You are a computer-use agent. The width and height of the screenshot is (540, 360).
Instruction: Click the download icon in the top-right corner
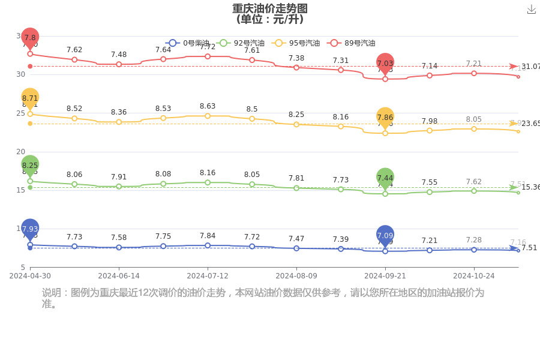click(x=531, y=10)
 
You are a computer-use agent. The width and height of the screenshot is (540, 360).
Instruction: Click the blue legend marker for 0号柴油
click(x=173, y=43)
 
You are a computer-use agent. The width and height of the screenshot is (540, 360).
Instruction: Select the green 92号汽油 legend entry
click(x=224, y=43)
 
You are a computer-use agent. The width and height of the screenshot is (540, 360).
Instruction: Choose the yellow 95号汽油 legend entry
click(x=278, y=43)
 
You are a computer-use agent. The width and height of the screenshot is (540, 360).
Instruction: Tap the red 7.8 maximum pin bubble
click(x=30, y=37)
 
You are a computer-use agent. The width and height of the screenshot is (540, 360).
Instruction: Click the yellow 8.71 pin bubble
click(x=30, y=98)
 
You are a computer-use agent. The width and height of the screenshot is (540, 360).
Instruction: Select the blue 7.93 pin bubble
click(x=30, y=229)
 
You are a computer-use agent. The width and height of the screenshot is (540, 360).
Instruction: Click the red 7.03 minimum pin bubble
click(x=385, y=63)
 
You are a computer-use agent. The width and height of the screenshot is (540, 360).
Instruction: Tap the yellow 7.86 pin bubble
click(x=385, y=118)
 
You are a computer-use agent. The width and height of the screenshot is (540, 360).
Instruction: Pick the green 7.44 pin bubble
click(x=385, y=178)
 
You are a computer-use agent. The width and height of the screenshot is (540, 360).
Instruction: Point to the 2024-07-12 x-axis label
click(x=208, y=276)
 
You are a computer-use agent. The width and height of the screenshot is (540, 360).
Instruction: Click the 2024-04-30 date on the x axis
click(x=30, y=276)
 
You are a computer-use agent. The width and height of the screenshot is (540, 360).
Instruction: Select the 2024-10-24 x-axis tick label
click(x=473, y=276)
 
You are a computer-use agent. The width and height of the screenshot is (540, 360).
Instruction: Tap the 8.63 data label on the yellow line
click(x=208, y=106)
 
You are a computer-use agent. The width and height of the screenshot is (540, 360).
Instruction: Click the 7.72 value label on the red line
click(x=208, y=47)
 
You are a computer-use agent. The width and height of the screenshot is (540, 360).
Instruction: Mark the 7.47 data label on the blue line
click(x=296, y=238)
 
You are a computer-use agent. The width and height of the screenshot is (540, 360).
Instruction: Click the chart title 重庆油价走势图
click(x=270, y=8)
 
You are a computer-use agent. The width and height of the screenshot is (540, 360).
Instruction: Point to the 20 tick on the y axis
click(x=21, y=152)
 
